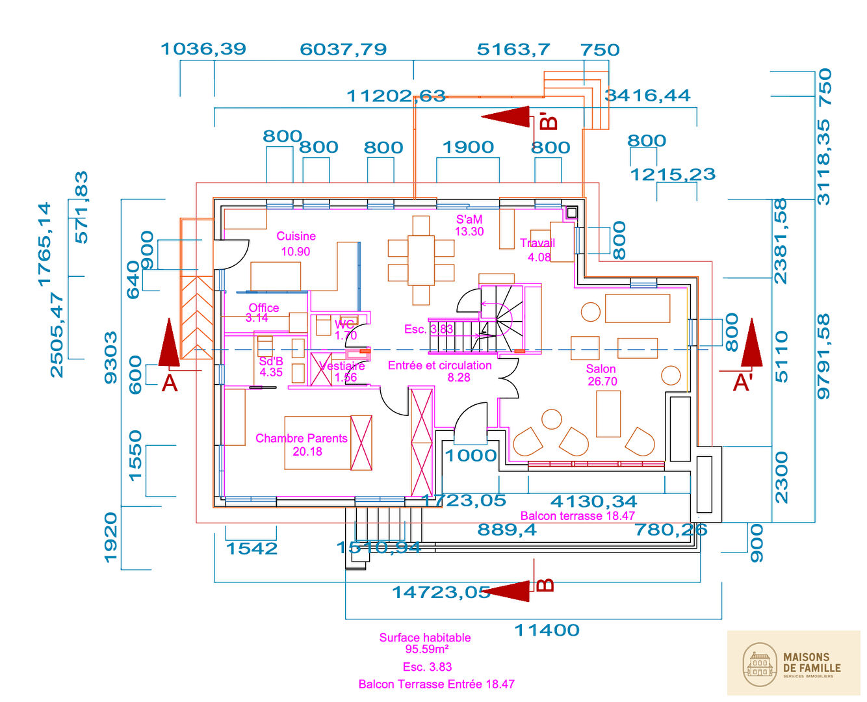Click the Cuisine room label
click(296, 237)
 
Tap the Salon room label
click(601, 369)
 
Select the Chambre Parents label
click(302, 439)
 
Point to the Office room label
click(264, 308)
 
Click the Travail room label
click(537, 244)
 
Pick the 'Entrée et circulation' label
click(439, 366)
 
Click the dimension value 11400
click(547, 630)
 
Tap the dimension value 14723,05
click(441, 592)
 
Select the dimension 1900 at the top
click(468, 148)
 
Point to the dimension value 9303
click(111, 357)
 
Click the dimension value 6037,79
click(343, 49)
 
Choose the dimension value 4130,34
click(593, 502)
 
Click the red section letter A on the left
click(169, 383)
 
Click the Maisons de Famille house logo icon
click(760, 664)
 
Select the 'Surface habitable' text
click(425, 638)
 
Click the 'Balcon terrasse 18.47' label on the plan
click(577, 516)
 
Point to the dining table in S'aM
click(421, 260)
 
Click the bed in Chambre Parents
click(328, 443)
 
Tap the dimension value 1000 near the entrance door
click(471, 456)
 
